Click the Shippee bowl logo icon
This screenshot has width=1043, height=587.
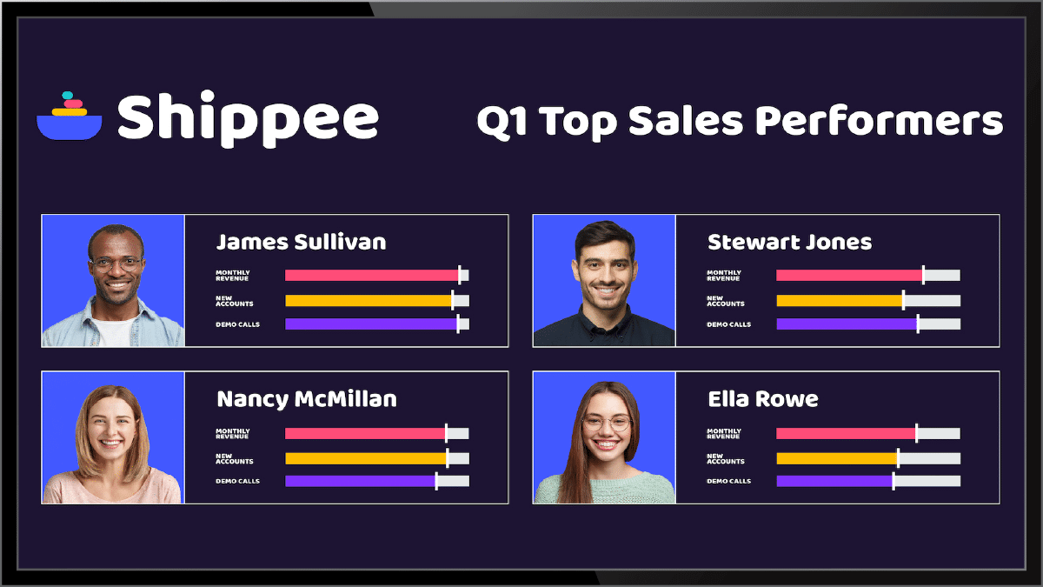pos(70,117)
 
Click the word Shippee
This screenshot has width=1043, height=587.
pos(248,118)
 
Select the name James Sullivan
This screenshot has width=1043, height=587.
pos(301,242)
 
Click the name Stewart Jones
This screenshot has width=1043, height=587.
pos(789,242)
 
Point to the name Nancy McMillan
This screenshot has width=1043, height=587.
pos(306,399)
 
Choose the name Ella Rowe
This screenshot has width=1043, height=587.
pos(762,399)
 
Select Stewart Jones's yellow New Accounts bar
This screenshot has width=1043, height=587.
pos(839,301)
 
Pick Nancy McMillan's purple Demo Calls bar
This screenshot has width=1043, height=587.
pos(360,481)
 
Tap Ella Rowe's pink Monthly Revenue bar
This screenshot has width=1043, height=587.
pos(845,433)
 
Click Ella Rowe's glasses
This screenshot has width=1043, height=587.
pos(607,424)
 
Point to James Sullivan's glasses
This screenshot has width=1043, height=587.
pos(115,263)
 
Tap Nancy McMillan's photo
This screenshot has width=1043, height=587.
pos(112,437)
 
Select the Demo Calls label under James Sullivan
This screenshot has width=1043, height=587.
pos(237,324)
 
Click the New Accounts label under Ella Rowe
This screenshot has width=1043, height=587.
pos(725,458)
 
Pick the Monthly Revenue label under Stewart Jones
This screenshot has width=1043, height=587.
pos(723,276)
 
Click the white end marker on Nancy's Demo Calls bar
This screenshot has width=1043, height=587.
pos(436,481)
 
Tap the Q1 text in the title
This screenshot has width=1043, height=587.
pos(502,122)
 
